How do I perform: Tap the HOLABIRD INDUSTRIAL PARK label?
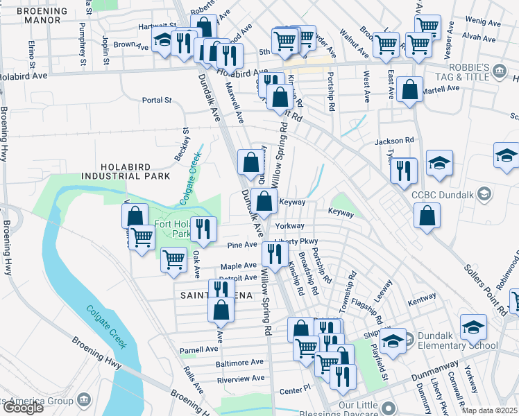click(135, 171)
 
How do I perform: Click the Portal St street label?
click(156, 100)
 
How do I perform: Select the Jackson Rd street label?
click(394, 141)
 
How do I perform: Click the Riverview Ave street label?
click(241, 379)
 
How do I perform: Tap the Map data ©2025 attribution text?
click(489, 410)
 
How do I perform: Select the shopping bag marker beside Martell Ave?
click(410, 90)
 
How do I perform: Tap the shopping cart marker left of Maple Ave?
click(173, 261)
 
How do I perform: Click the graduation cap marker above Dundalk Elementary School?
click(393, 341)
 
